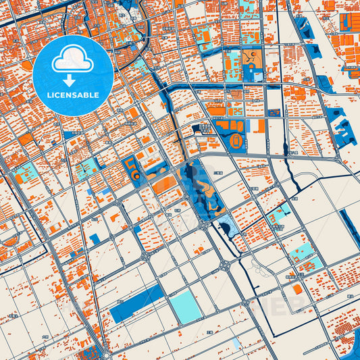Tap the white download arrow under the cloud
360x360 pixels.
[x=74, y=80]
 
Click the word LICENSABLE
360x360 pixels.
[x=74, y=95]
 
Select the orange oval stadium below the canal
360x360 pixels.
[x=236, y=141]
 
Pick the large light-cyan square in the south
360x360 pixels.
[x=184, y=307]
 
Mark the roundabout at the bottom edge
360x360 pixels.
[x=106, y=355]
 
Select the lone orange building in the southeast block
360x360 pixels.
[x=297, y=289]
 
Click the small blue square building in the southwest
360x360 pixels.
[x=94, y=238]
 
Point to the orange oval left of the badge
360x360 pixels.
[x=27, y=66]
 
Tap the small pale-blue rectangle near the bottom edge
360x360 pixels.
[x=236, y=344]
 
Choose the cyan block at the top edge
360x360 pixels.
[x=249, y=7]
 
